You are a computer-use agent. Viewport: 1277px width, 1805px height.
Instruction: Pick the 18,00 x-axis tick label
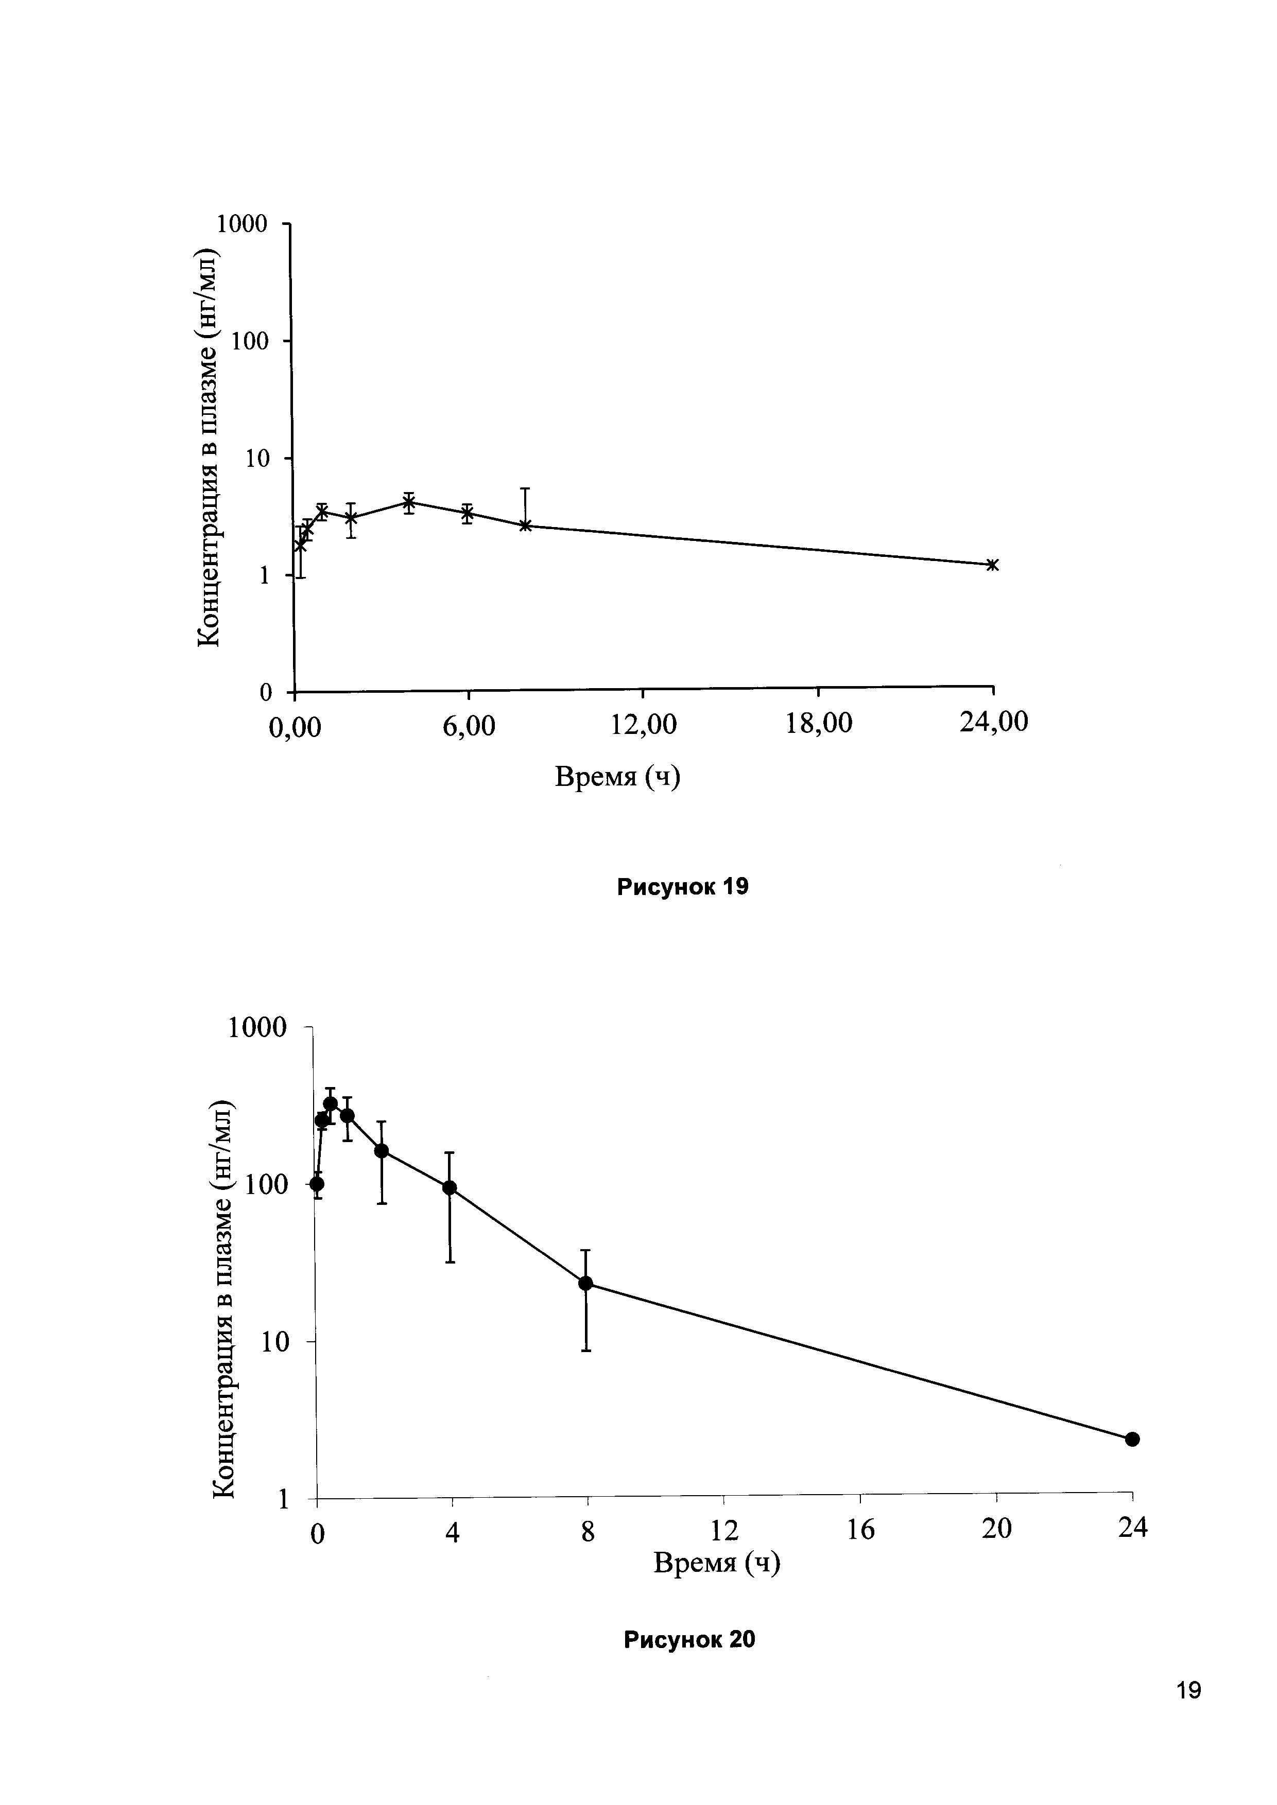tap(819, 723)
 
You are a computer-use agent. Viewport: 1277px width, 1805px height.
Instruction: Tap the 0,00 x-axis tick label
tap(295, 728)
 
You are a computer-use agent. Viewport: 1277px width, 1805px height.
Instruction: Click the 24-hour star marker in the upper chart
tap(992, 565)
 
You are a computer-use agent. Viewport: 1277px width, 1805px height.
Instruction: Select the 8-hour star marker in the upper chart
tap(525, 525)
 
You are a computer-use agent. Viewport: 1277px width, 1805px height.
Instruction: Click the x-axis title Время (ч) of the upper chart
tap(617, 777)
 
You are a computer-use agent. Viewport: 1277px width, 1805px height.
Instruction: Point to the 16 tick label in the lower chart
tap(861, 1529)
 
